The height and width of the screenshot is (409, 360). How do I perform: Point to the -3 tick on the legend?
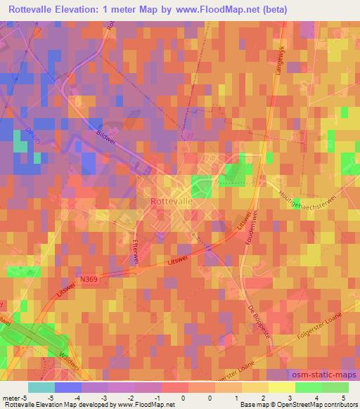(104, 397)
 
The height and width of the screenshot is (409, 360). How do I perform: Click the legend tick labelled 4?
(318, 397)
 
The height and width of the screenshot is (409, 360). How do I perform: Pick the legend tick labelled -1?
(157, 397)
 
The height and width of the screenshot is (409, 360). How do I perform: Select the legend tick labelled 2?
(264, 397)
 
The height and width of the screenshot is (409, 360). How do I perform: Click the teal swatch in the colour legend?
(41, 387)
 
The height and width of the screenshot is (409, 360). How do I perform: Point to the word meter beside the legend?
(13, 397)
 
